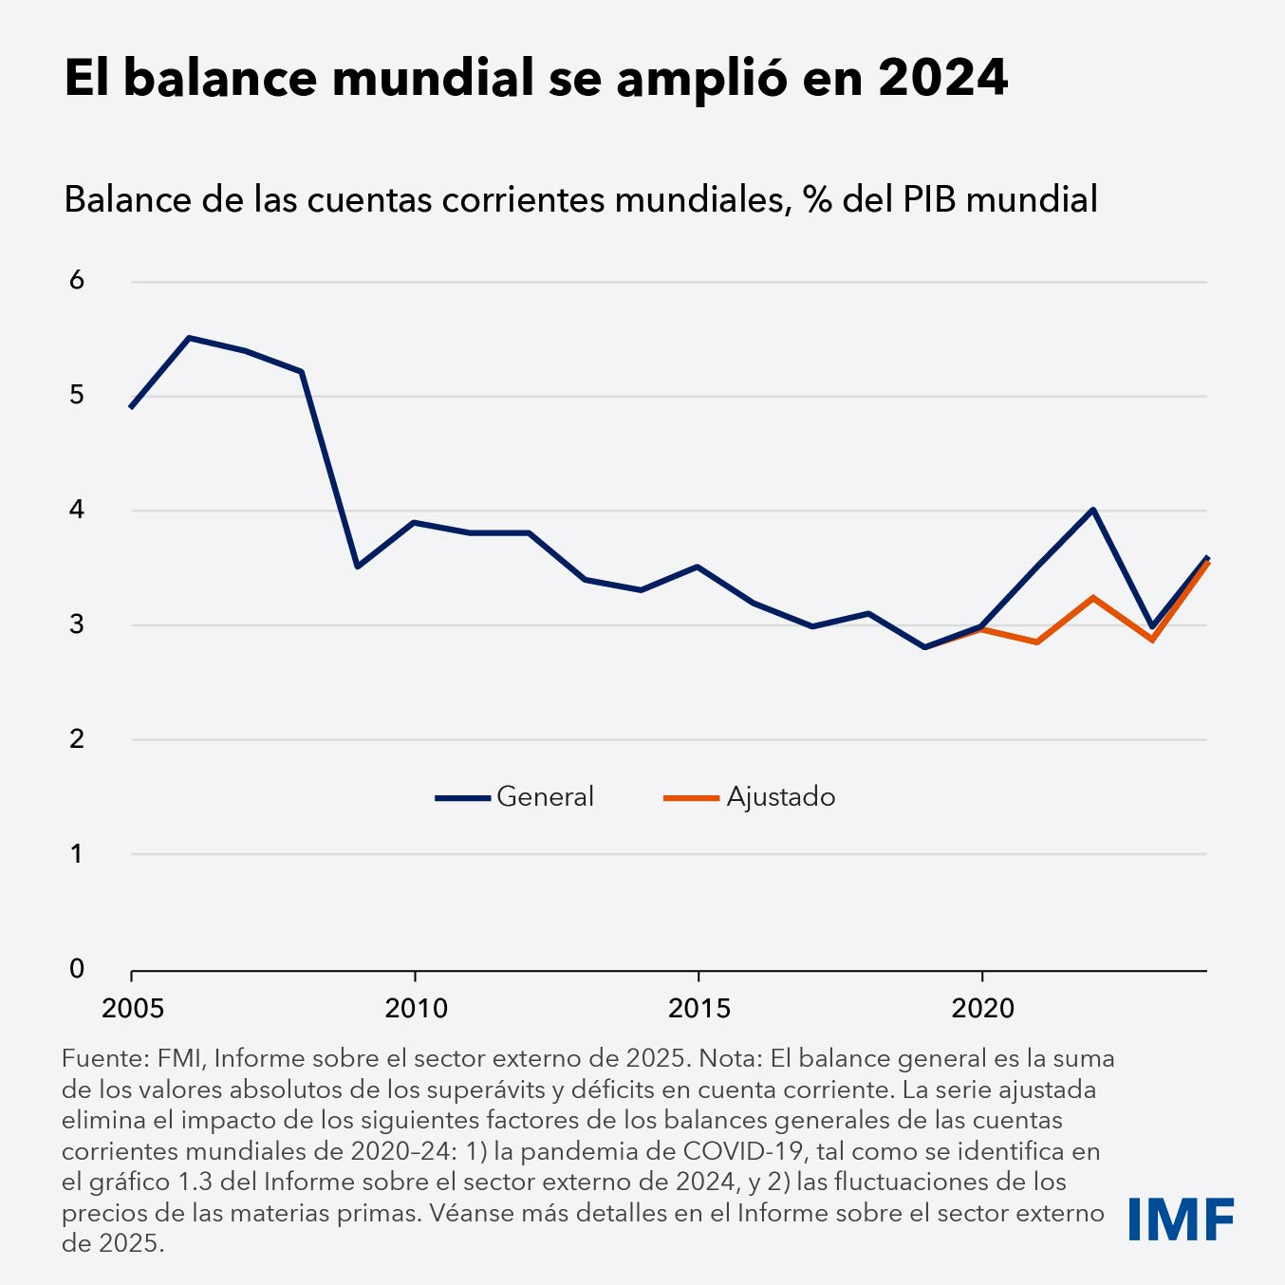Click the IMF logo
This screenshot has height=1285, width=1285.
[x=1181, y=1219]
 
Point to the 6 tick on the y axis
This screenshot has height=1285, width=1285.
[x=77, y=280]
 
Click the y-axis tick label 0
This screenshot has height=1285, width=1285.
[x=77, y=968]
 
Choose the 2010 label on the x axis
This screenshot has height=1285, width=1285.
[x=416, y=1008]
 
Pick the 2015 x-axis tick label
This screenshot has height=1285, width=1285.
[x=698, y=1008]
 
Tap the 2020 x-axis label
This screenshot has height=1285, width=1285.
[x=982, y=1008]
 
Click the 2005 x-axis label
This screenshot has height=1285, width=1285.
[x=133, y=1008]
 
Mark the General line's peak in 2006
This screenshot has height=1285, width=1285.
[x=189, y=338]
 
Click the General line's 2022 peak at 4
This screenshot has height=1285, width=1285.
[x=1093, y=510]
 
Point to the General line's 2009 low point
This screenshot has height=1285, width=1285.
[x=357, y=567]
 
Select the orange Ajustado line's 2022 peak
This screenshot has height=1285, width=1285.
[x=1093, y=598]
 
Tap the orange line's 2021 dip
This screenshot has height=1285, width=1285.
[x=1037, y=642]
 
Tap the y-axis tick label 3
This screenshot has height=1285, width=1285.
[x=77, y=624]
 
